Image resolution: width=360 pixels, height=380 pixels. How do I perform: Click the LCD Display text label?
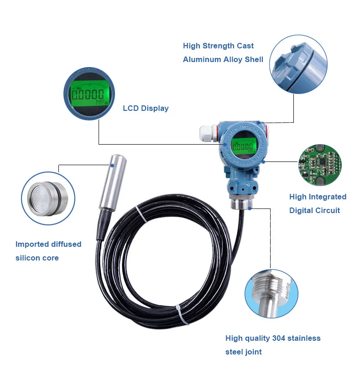tap(146, 109)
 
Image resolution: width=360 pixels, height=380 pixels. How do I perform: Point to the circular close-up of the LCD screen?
tap(89, 95)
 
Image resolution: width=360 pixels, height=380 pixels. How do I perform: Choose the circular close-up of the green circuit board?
tap(320, 165)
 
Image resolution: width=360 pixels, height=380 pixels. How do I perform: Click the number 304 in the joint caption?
tap(278, 338)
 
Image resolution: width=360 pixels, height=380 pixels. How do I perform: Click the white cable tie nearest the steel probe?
tap(141, 214)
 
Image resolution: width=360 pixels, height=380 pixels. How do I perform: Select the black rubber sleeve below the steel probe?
tap(101, 224)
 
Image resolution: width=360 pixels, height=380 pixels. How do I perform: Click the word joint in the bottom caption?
tap(252, 352)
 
